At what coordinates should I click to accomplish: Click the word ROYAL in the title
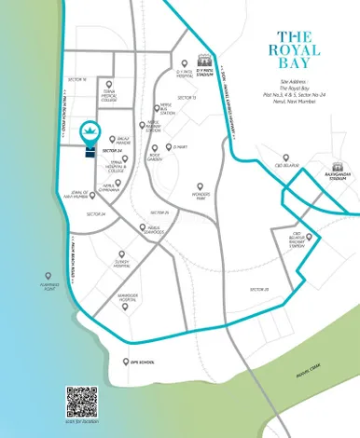point(292,49)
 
